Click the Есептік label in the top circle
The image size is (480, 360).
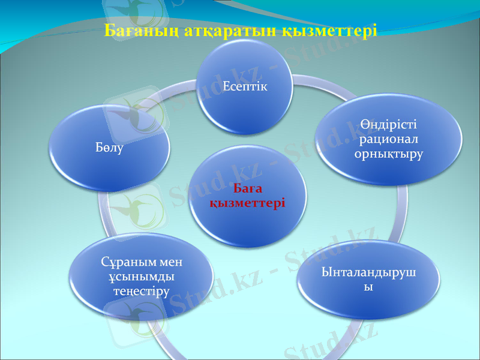pos(245,86)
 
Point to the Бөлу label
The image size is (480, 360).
pos(109,148)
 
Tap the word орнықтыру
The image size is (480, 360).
pos(389,154)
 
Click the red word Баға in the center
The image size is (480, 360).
pos(247,190)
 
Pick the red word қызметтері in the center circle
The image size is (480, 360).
pos(247,203)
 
